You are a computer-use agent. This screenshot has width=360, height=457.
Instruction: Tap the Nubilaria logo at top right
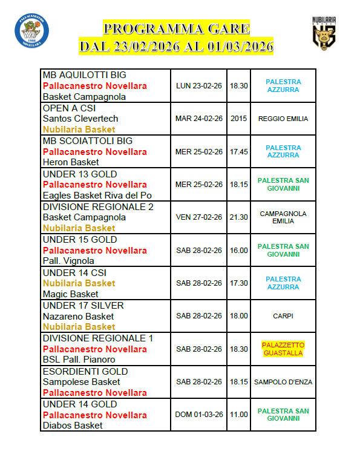[x=324, y=33]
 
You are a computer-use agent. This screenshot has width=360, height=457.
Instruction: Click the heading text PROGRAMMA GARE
[x=176, y=28]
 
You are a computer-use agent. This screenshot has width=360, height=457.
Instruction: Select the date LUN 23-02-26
[x=199, y=86]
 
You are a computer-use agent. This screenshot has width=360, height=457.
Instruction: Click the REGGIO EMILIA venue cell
[x=283, y=119]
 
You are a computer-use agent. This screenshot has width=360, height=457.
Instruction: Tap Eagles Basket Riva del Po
[x=97, y=196]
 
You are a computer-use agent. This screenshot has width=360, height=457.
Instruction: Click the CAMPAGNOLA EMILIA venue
[x=283, y=217]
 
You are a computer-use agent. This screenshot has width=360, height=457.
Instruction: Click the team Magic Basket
[x=71, y=294]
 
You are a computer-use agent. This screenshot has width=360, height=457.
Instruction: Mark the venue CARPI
[x=283, y=316]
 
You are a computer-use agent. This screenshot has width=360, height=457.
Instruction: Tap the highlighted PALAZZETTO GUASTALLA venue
[x=283, y=349]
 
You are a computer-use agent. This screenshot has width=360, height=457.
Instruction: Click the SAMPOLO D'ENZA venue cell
[x=283, y=382]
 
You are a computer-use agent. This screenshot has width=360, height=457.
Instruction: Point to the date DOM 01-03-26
[x=199, y=415]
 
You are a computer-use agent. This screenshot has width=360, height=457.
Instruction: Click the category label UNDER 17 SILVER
[x=83, y=306]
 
